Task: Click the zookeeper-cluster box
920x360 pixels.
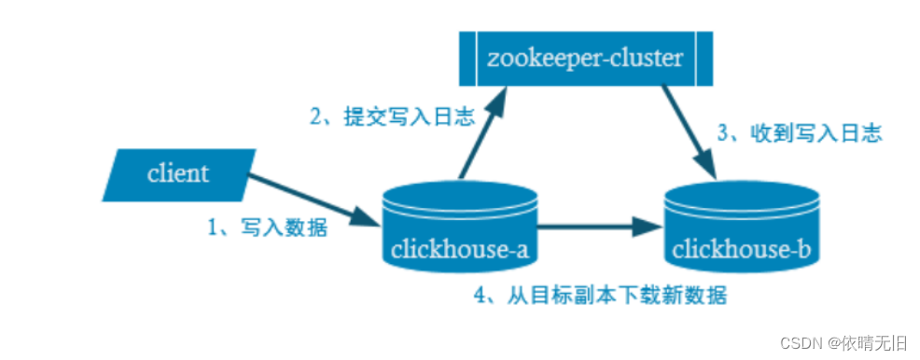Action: [x=585, y=61]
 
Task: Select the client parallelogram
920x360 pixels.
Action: [x=178, y=174]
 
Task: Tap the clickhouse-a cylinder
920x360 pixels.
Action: [x=461, y=228]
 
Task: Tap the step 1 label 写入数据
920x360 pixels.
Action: [x=267, y=228]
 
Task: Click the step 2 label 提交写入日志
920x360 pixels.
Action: [x=393, y=118]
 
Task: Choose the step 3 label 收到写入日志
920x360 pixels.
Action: [x=799, y=133]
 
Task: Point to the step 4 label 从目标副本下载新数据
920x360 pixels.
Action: [x=600, y=297]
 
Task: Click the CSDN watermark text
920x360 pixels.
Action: [x=840, y=341]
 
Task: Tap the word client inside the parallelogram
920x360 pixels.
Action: [x=178, y=174]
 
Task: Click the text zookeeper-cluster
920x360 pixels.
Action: [x=585, y=61]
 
